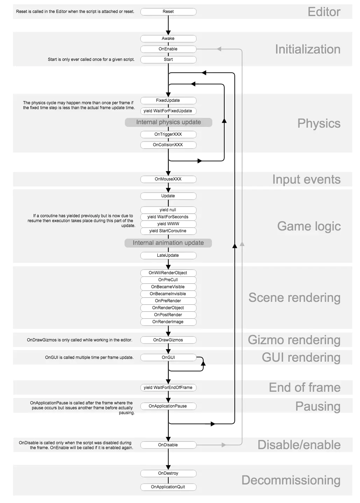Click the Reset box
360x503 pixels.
(168, 12)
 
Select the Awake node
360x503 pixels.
(168, 38)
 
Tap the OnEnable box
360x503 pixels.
(168, 49)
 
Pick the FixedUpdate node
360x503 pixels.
(168, 100)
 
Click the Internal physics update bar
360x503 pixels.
(168, 122)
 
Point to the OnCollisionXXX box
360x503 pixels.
(168, 145)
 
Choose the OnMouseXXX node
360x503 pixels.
(168, 179)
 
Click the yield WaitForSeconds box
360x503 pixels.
(168, 217)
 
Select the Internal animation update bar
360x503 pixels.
(168, 243)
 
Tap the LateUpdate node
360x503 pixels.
(168, 255)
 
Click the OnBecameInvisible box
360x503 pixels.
(168, 294)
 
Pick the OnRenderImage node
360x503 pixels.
(168, 322)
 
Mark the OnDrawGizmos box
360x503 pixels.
(168, 340)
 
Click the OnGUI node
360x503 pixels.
(168, 357)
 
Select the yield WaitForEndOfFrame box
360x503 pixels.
(168, 388)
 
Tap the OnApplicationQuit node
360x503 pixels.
(168, 487)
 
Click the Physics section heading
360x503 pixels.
(319, 123)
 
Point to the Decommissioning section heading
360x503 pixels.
(291, 480)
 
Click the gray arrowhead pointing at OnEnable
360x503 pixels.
(219, 49)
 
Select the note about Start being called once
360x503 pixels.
(91, 59)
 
